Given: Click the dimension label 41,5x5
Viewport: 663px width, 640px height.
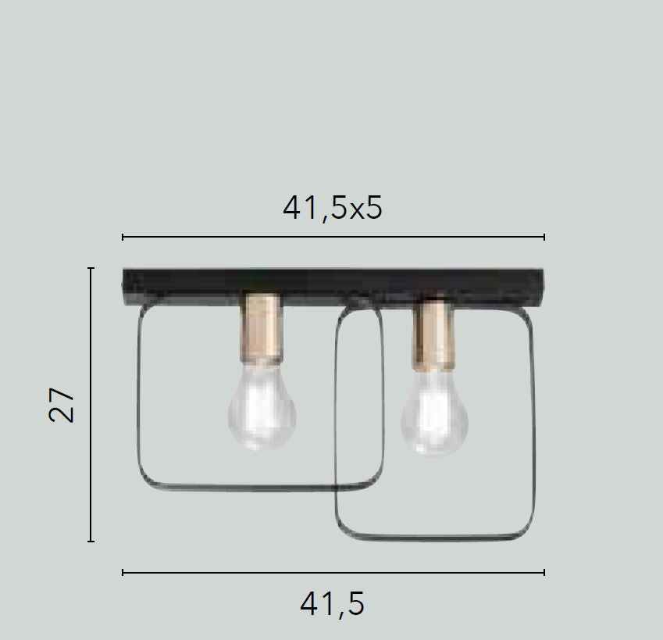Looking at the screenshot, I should [333, 208].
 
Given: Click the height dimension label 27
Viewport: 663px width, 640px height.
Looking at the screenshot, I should [63, 404].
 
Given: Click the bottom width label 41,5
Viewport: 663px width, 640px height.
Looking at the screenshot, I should [333, 603].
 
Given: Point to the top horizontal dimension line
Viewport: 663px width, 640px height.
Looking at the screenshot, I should [333, 236].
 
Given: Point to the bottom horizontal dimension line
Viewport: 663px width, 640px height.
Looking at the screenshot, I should [333, 573].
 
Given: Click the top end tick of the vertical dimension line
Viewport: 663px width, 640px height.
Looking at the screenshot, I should [91, 268].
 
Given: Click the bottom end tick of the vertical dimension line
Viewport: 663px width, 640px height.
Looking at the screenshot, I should [91, 541].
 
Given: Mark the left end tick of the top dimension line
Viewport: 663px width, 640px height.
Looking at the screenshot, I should [123, 236].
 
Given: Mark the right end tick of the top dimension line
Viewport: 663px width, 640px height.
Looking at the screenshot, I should [544, 236].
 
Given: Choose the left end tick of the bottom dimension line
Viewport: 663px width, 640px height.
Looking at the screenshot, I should [123, 573].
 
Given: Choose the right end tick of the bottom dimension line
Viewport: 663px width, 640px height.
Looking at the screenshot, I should [544, 573].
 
